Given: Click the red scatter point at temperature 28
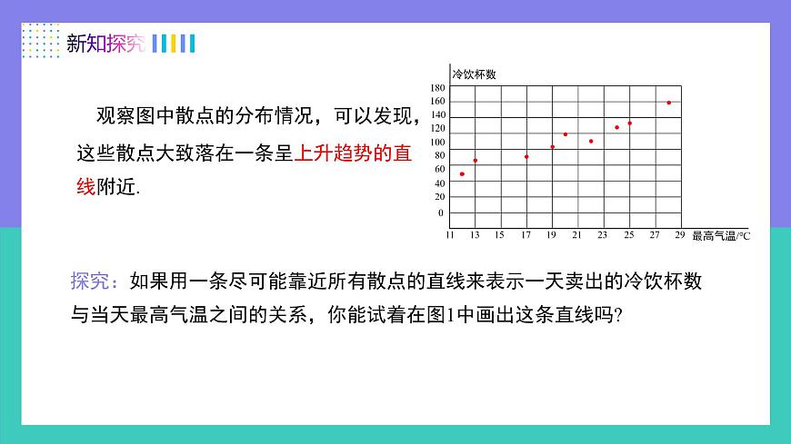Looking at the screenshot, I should pos(669,103).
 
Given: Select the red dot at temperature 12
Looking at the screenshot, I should pos(462,173).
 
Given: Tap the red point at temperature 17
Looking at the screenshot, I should pos(526,156).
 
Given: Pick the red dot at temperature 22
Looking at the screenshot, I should pos(591,141).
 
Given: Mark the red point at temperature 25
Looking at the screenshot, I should pos(629,123).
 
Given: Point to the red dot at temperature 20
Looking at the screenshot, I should pos(566,134).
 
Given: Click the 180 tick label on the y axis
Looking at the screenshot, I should pos(438,88).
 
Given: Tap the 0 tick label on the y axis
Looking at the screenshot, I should pos(441,213).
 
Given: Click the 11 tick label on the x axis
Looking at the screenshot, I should pos(449,235).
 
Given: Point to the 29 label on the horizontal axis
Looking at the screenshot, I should pos(680,235).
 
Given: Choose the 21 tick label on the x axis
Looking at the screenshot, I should pos(577,235).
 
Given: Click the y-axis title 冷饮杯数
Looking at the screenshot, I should pos(473,74).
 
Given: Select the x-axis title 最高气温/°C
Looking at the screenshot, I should pos(721,236).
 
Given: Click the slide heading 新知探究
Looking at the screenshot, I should pos(105,44).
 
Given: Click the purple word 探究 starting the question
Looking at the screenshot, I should pos(89,281).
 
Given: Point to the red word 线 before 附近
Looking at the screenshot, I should pos(85,187).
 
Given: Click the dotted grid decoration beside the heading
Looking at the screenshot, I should pos(40,42).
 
